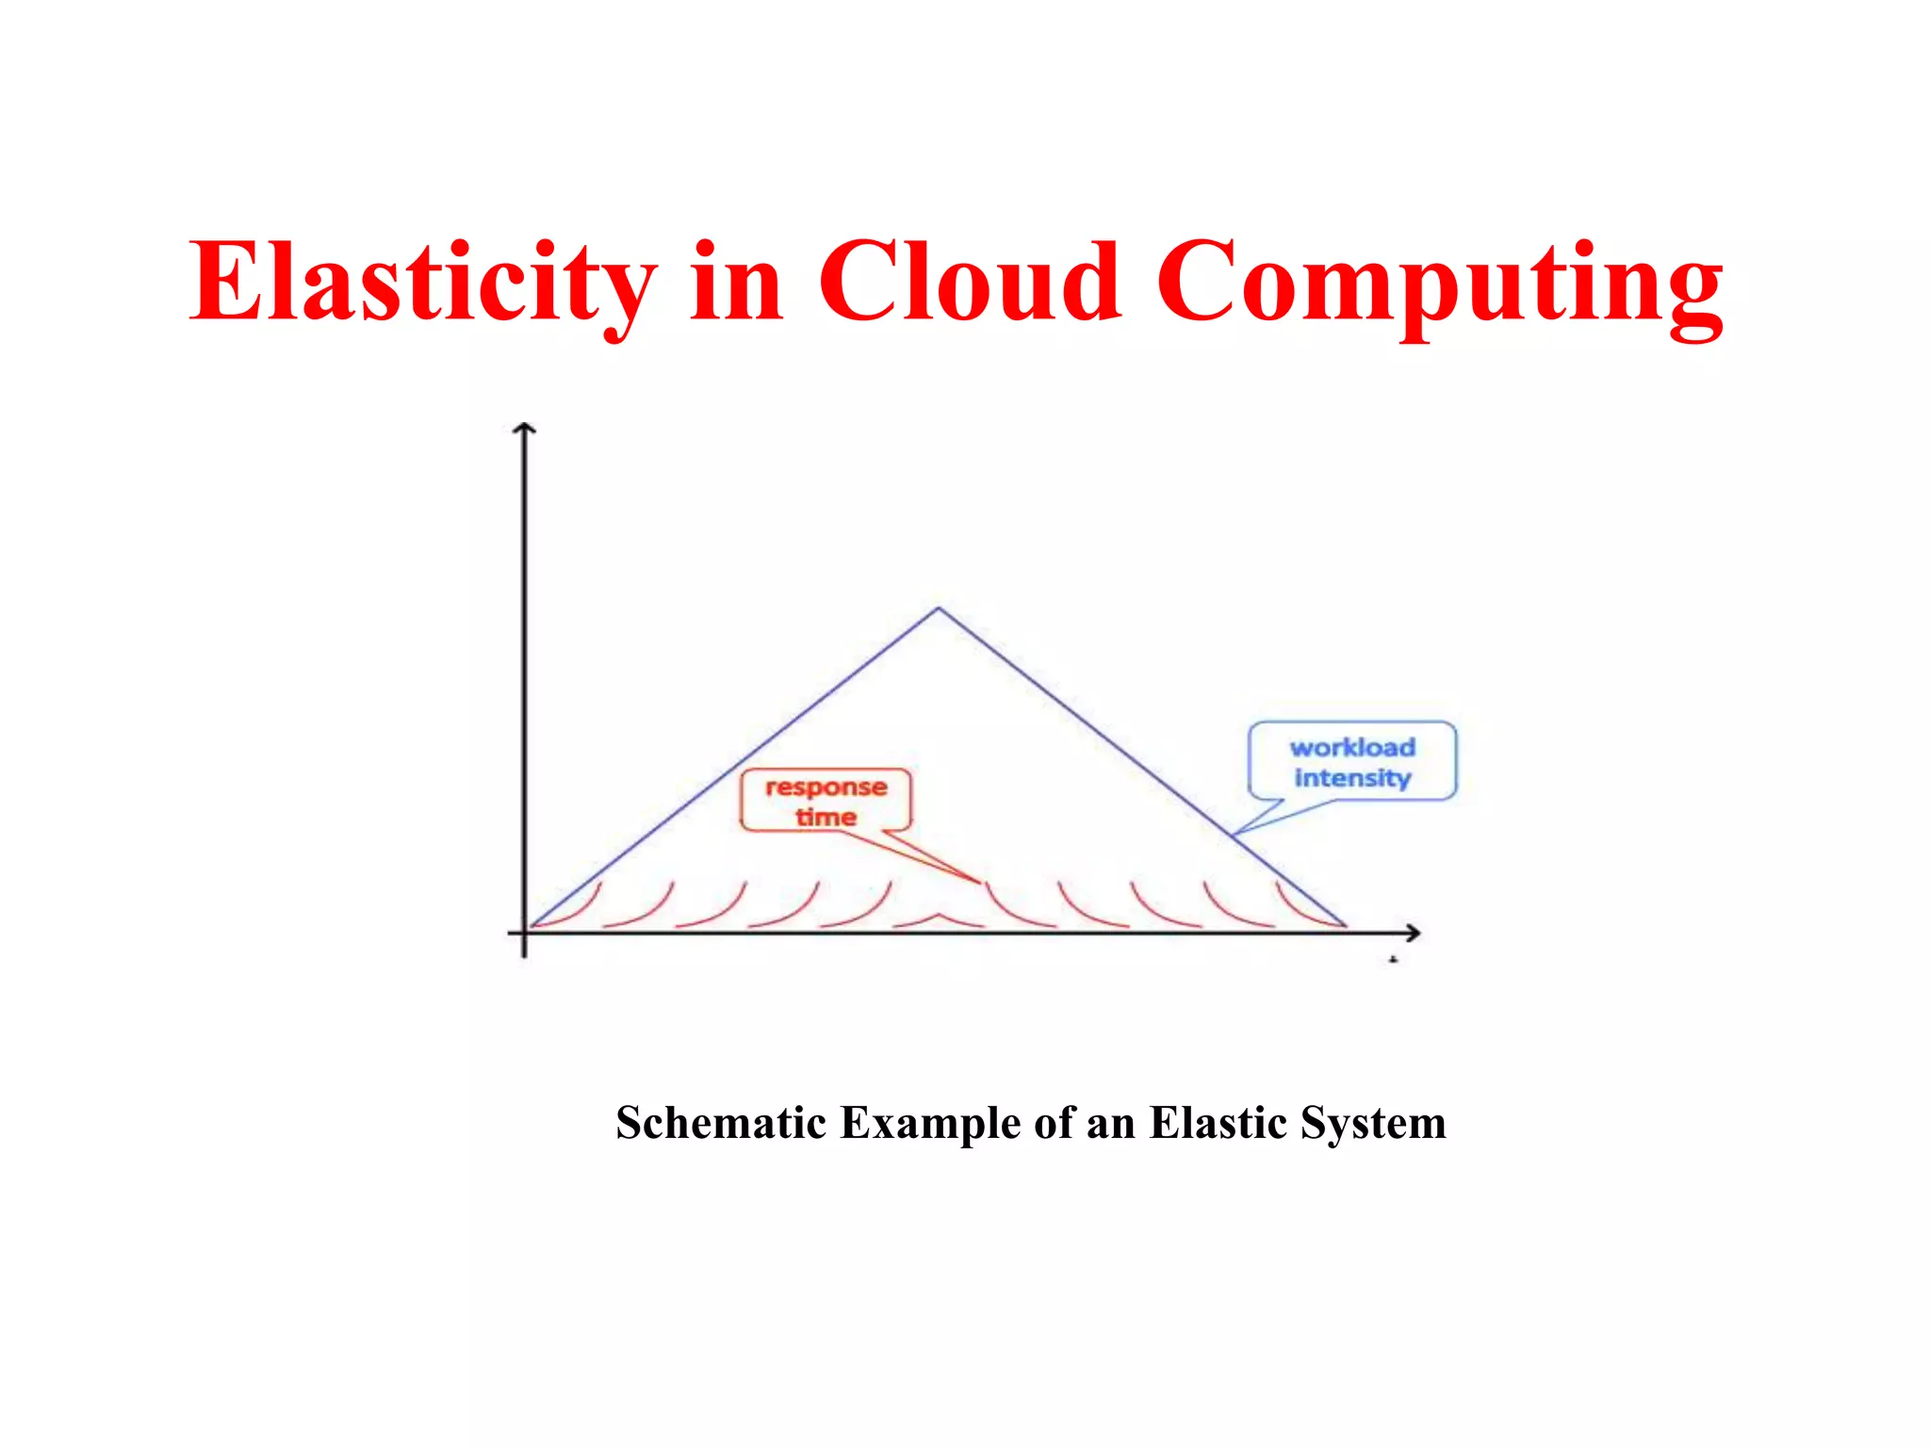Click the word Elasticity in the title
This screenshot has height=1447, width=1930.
tap(422, 283)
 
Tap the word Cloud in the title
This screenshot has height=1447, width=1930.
tap(970, 283)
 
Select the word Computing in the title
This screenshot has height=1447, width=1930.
tap(1439, 283)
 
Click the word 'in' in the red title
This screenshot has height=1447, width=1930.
tap(736, 283)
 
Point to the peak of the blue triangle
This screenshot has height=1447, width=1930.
tap(938, 609)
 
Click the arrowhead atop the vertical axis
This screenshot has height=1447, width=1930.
tap(524, 429)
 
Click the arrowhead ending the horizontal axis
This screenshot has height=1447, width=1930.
tap(1415, 933)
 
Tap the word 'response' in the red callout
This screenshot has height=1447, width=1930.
tap(826, 787)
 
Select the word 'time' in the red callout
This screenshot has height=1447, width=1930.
tap(826, 817)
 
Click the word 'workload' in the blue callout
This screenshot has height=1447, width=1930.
tap(1352, 747)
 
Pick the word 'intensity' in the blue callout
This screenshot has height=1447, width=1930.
tap(1352, 778)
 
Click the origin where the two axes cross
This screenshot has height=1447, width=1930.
tap(524, 933)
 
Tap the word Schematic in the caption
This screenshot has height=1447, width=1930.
tap(721, 1123)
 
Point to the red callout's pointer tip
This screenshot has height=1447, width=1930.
tap(980, 882)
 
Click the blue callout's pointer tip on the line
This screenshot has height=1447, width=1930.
tap(1234, 835)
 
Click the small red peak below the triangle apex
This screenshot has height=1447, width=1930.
tap(938, 915)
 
